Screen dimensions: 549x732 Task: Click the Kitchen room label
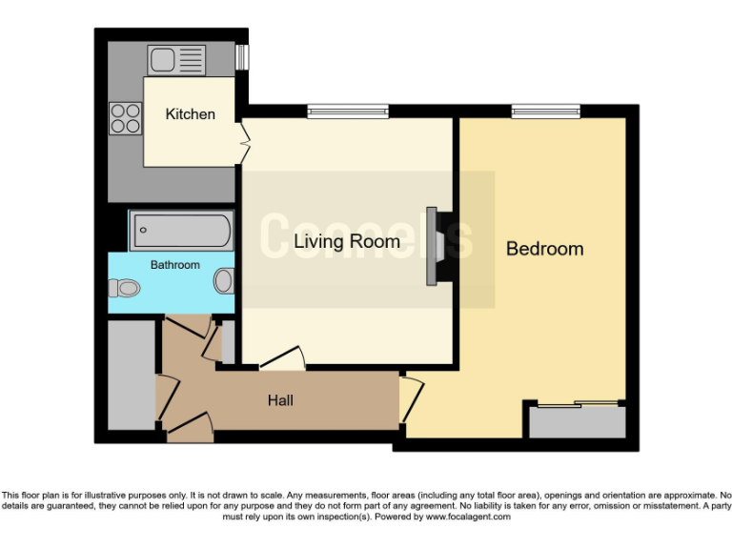190,114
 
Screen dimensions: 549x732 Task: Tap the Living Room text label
346,241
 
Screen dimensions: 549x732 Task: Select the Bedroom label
544,249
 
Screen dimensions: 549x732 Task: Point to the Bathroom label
175,264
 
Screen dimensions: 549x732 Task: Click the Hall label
279,400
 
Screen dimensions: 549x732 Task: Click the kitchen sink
176,59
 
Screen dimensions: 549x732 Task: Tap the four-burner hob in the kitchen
125,117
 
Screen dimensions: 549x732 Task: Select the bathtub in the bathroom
181,230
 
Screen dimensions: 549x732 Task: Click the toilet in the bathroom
124,286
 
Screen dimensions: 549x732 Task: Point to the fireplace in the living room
435,246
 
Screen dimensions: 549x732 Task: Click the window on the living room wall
348,112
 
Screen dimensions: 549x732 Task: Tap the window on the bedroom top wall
545,112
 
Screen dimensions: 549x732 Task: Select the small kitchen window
242,57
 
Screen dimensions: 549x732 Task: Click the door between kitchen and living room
244,143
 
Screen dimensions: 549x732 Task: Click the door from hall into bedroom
411,398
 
